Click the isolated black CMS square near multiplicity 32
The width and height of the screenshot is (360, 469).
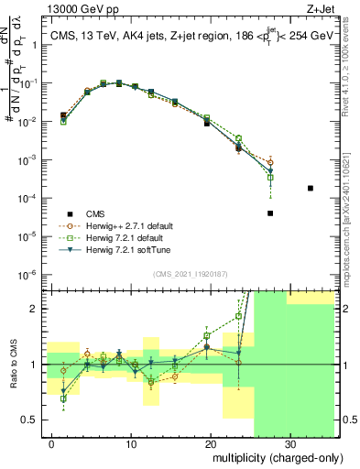(311, 188)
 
